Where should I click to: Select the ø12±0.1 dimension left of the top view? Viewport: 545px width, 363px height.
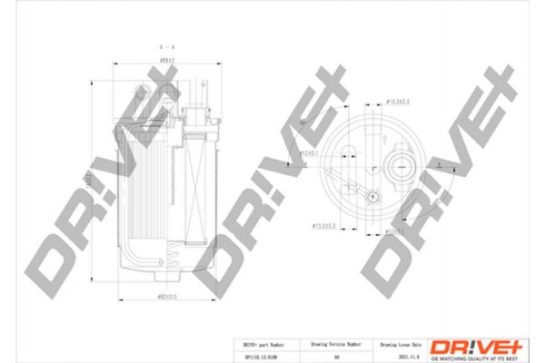[x=312, y=154]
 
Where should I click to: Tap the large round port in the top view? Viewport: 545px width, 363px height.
[x=401, y=166]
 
